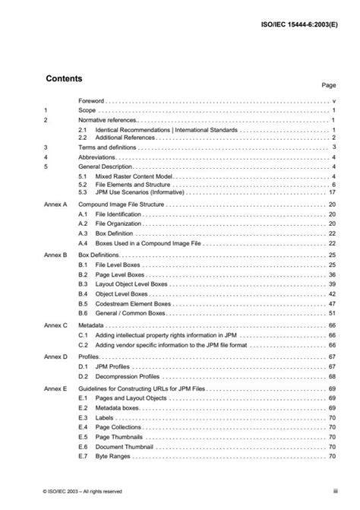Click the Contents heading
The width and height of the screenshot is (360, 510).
pyautogui.click(x=64, y=78)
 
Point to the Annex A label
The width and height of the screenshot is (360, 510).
pyautogui.click(x=55, y=205)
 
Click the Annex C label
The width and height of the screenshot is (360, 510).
pyautogui.click(x=55, y=325)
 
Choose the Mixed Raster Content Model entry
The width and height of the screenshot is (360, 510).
pyautogui.click(x=129, y=176)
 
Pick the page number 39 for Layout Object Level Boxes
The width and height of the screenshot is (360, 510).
pyautogui.click(x=332, y=283)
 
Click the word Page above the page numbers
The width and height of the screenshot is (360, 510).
pyautogui.click(x=329, y=87)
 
